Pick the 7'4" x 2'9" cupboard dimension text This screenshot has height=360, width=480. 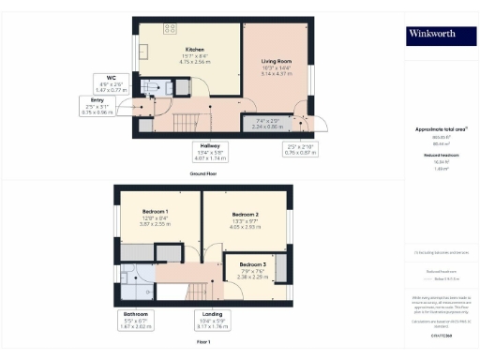pos(267,124)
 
